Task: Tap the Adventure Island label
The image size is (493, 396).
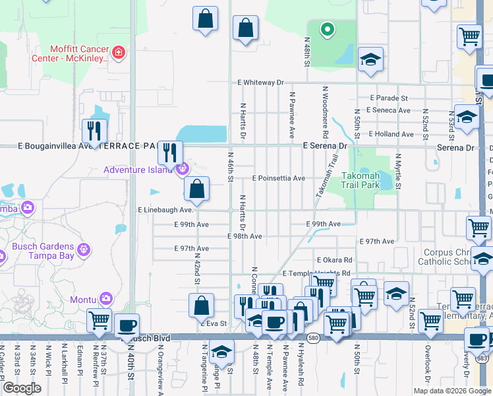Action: (138, 170)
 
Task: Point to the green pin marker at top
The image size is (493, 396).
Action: (326, 30)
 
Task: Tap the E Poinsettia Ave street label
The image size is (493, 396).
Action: (279, 178)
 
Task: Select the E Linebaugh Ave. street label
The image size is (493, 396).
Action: (165, 210)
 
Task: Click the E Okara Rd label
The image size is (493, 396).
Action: (334, 261)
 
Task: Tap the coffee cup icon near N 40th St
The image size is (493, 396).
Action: (127, 326)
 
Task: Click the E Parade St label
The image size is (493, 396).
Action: (380, 98)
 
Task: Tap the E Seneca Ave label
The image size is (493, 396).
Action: (388, 110)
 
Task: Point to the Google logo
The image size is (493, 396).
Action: (22, 388)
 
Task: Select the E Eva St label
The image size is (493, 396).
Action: (214, 324)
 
